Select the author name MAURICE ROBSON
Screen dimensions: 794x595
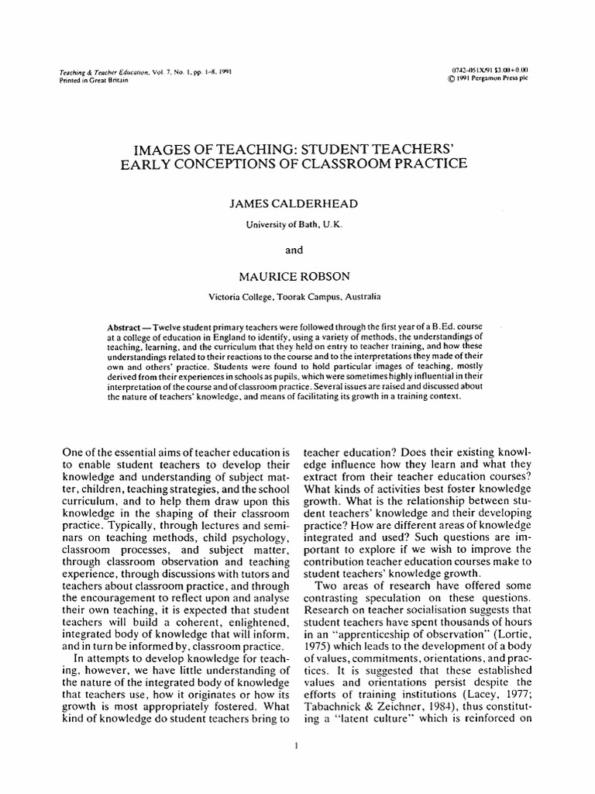point(297,276)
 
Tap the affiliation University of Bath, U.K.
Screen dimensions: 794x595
point(297,224)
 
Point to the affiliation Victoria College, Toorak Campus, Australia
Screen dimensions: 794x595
point(297,295)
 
